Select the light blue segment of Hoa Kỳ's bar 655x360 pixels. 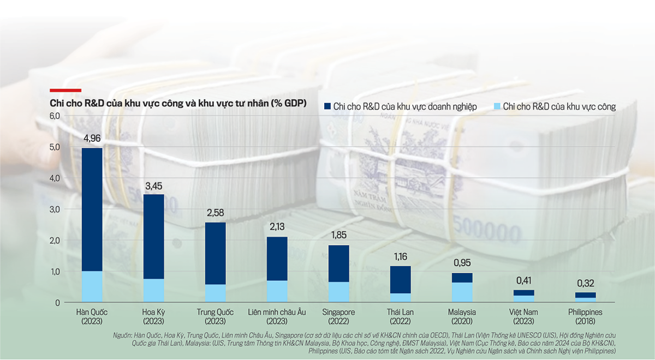click(154, 290)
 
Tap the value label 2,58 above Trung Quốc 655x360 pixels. click(215, 212)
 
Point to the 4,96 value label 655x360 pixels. click(92, 138)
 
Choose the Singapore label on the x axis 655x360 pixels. click(338, 312)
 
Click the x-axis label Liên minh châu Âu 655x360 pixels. click(277, 312)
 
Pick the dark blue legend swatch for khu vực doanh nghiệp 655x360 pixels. click(327, 106)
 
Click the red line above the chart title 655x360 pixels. click(65, 90)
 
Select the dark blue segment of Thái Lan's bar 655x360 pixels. click(401, 279)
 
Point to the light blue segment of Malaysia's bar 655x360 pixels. click(462, 292)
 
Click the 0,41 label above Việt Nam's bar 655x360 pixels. click(524, 281)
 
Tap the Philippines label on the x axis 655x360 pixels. click(585, 312)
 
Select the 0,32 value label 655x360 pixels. click(585, 284)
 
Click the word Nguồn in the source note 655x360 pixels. click(122, 334)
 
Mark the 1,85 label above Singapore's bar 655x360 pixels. click(338, 236)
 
